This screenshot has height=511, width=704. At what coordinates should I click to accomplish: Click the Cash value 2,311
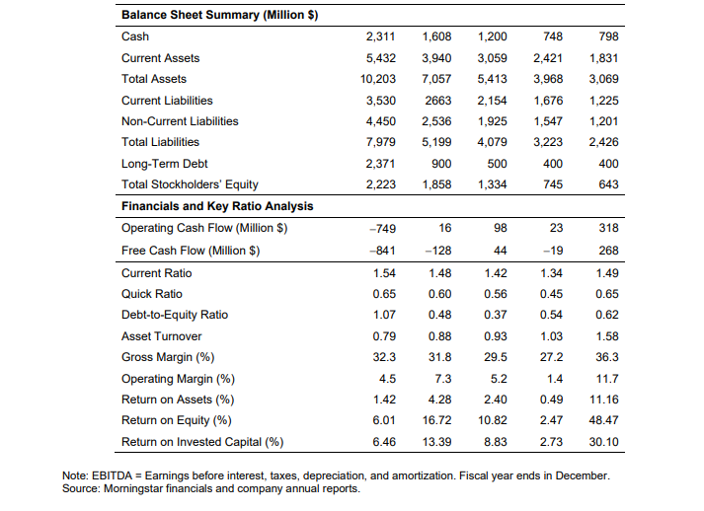click(380, 36)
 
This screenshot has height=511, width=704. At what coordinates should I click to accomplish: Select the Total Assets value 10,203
click(377, 79)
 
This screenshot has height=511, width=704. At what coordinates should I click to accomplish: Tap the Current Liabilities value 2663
click(438, 100)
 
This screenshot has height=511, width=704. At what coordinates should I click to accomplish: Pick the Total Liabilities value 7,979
click(380, 142)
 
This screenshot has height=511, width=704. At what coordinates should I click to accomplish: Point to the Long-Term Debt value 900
click(441, 164)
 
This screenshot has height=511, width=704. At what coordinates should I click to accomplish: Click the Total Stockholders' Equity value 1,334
click(492, 184)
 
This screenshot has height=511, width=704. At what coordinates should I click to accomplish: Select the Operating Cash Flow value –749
click(382, 228)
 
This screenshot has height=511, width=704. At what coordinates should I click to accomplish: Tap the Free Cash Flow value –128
click(438, 251)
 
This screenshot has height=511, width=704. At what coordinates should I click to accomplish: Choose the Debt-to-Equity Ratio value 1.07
click(384, 315)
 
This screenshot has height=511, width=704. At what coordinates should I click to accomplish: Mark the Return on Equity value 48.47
click(604, 420)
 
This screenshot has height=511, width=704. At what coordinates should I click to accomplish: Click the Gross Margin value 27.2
click(551, 357)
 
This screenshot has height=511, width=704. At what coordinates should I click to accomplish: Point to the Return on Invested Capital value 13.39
click(436, 442)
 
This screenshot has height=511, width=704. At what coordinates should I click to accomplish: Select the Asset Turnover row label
click(162, 336)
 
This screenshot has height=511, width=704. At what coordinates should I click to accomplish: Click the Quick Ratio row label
click(152, 294)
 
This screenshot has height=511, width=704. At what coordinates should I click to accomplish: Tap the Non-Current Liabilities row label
click(180, 121)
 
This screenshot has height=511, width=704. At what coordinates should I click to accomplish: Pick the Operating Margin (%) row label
click(179, 379)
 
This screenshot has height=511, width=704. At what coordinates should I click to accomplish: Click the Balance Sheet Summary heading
click(220, 15)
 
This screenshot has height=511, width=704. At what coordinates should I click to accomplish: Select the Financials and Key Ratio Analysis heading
click(217, 206)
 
